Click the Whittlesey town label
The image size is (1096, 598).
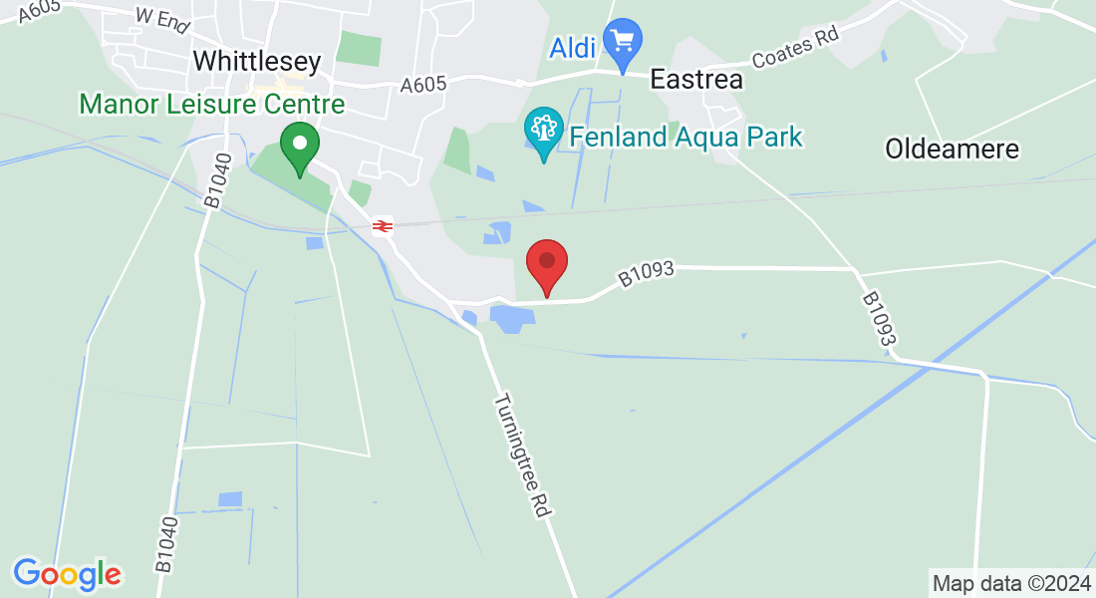257,61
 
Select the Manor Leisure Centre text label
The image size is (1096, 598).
212,104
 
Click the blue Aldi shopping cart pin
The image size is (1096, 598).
624,43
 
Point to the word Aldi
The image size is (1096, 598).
572,46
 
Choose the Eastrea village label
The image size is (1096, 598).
696,80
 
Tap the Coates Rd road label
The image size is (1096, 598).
795,47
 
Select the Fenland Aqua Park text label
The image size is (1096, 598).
685,137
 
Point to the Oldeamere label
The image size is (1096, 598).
952,149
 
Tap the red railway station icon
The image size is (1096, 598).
382,226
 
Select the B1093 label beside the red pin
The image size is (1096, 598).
646,275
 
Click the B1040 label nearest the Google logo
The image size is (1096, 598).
166,544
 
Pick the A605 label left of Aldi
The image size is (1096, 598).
422,86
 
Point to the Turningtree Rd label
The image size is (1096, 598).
521,453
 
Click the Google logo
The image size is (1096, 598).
67,573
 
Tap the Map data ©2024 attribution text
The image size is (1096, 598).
1010,582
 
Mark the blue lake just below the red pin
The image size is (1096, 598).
512,319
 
